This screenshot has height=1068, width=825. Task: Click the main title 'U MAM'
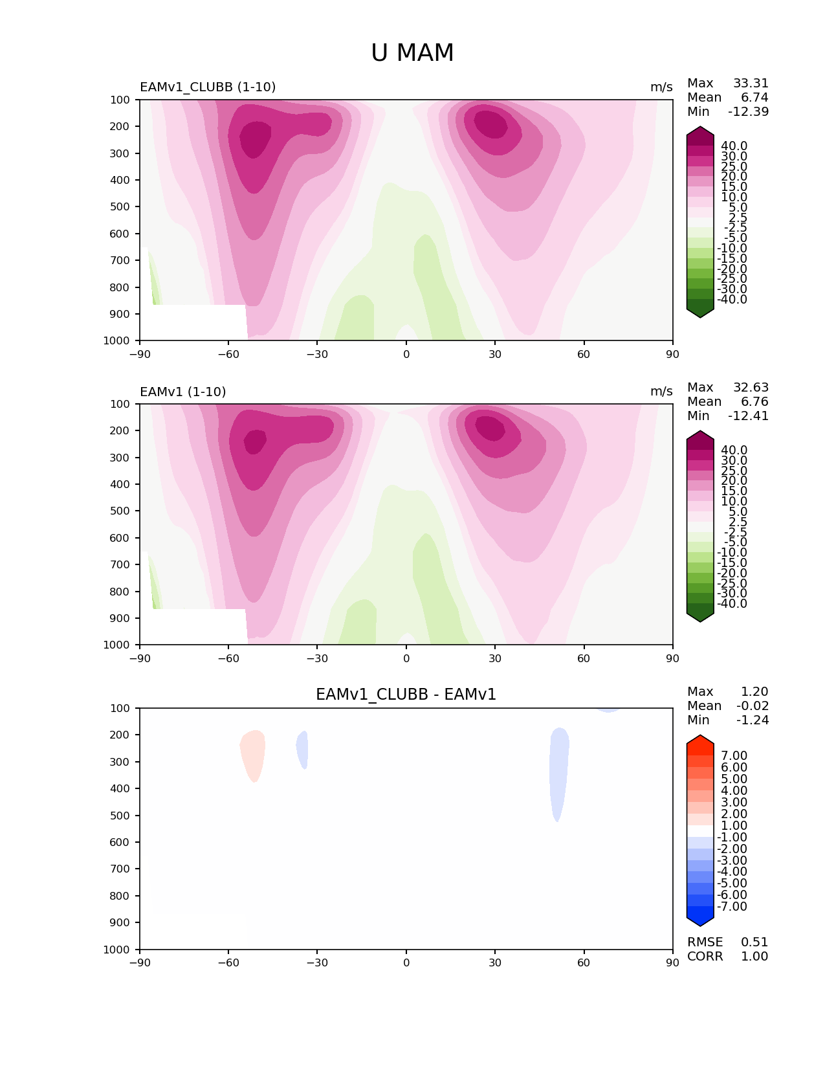pyautogui.click(x=412, y=53)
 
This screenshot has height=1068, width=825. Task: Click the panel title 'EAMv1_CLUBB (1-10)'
pyautogui.click(x=208, y=87)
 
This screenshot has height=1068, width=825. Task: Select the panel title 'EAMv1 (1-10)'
pyautogui.click(x=183, y=392)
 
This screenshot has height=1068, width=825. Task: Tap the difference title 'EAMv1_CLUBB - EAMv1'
pyautogui.click(x=406, y=695)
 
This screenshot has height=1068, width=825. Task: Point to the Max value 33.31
pyautogui.click(x=751, y=83)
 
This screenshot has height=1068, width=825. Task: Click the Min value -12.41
pyautogui.click(x=749, y=416)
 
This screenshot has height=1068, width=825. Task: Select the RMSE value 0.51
pyautogui.click(x=754, y=942)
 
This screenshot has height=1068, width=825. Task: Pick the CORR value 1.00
pyautogui.click(x=754, y=956)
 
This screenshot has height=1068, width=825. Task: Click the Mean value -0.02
pyautogui.click(x=753, y=706)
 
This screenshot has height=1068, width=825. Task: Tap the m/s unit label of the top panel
pyautogui.click(x=661, y=87)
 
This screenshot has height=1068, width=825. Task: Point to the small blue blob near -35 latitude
pyautogui.click(x=302, y=749)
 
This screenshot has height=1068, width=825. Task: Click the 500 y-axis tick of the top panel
pyautogui.click(x=120, y=207)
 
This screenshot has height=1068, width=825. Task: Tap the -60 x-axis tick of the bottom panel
pyautogui.click(x=228, y=962)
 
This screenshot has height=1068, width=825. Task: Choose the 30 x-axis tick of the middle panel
pyautogui.click(x=495, y=658)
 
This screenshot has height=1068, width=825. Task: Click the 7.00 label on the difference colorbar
pyautogui.click(x=734, y=756)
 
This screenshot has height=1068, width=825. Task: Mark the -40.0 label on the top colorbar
pyautogui.click(x=732, y=300)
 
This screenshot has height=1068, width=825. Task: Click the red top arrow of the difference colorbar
pyautogui.click(x=700, y=744)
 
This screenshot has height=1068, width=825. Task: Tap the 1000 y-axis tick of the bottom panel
pyautogui.click(x=117, y=950)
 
